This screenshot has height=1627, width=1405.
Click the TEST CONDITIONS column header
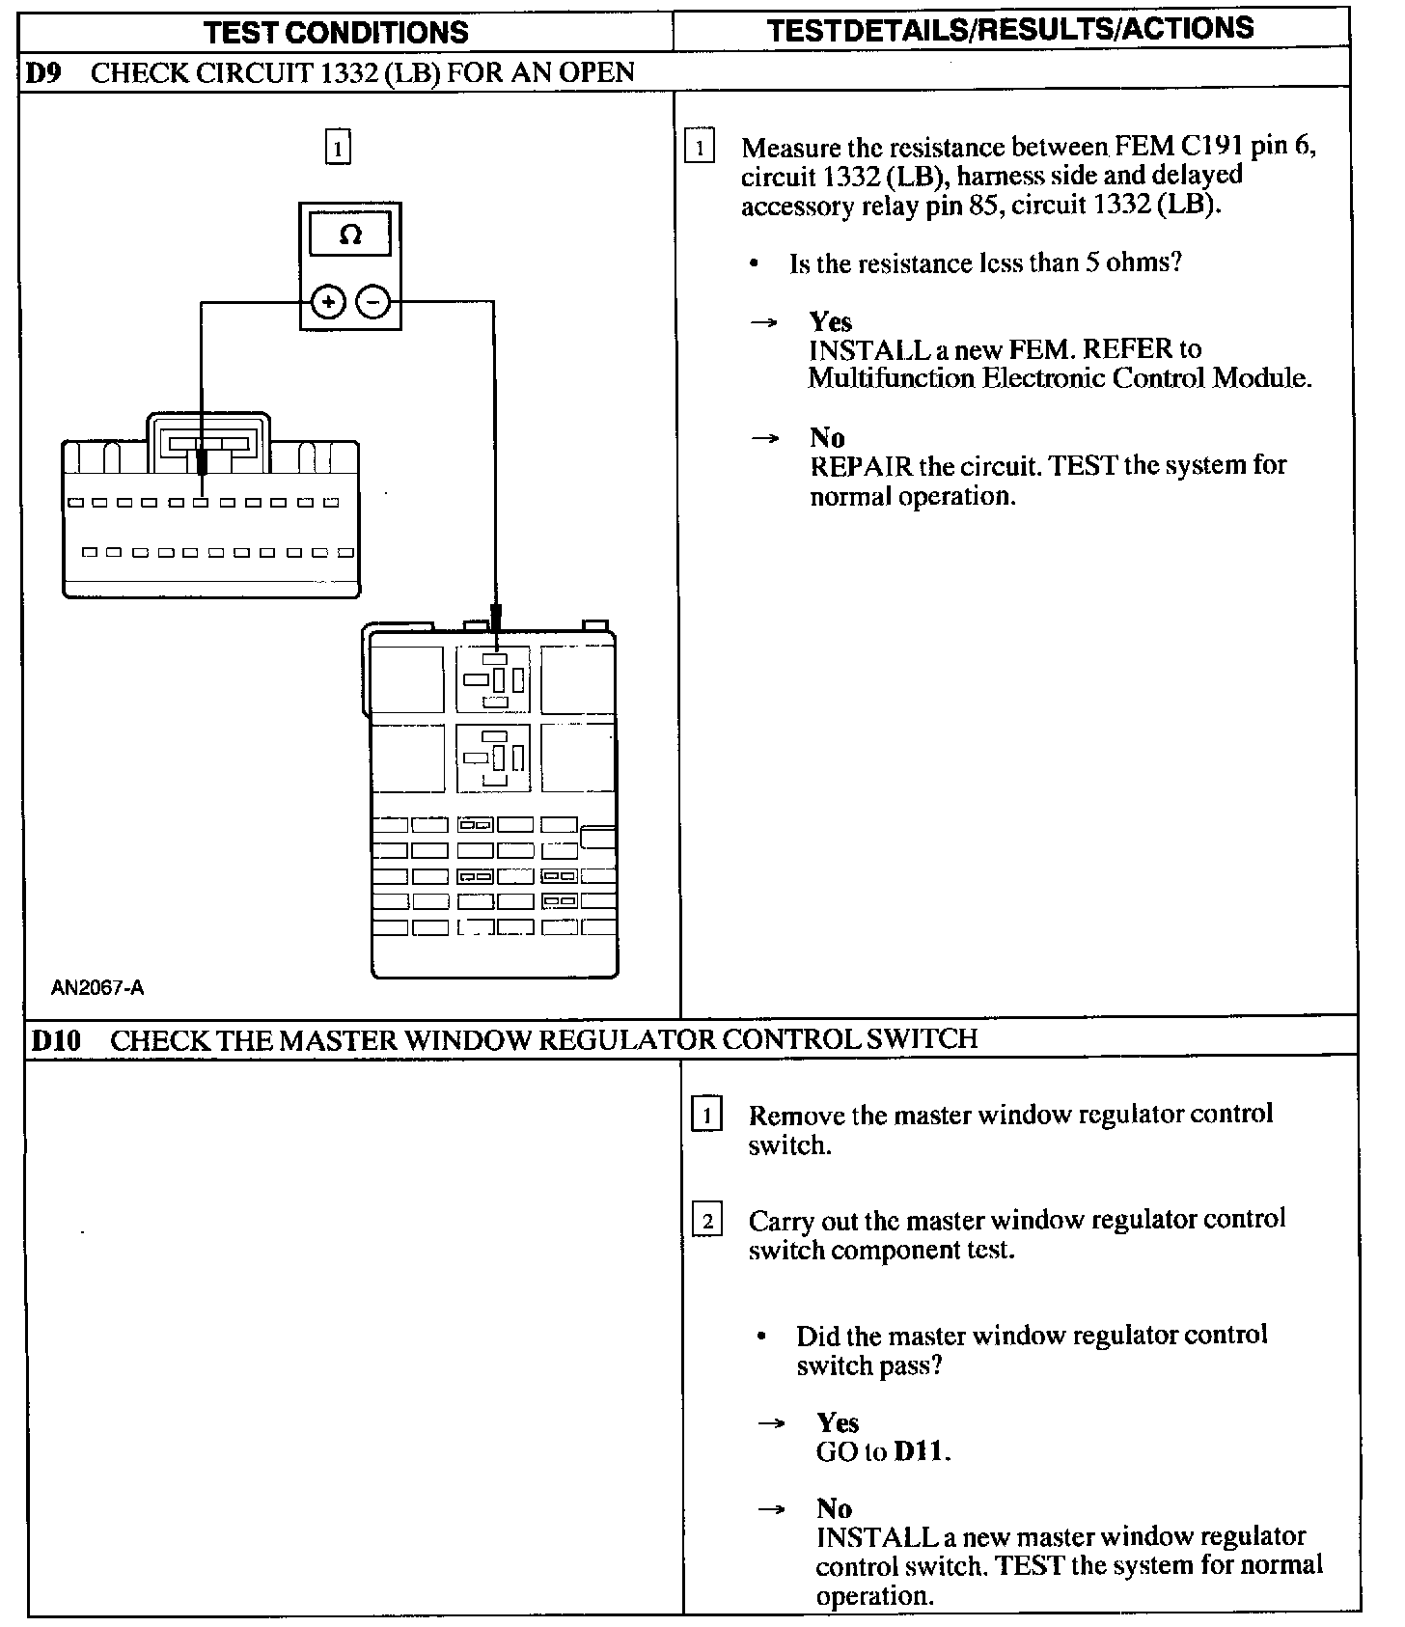(336, 32)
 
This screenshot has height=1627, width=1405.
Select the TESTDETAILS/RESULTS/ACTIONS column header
(1010, 29)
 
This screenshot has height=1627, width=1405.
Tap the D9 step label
(43, 73)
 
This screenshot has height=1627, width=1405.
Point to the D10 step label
(56, 1040)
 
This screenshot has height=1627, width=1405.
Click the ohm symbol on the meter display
(350, 234)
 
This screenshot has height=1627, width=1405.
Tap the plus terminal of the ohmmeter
(328, 303)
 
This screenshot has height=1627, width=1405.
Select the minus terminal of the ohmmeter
(373, 303)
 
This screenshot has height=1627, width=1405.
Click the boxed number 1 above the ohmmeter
(337, 149)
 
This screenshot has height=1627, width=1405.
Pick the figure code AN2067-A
(97, 987)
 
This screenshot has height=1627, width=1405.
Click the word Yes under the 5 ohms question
(830, 321)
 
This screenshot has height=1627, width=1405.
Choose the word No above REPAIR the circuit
(827, 438)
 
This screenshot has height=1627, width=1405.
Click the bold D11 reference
(921, 1451)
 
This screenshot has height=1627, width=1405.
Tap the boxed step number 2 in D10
(707, 1222)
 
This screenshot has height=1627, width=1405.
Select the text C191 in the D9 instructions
(1212, 146)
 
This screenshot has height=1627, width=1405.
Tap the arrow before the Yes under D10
(770, 1423)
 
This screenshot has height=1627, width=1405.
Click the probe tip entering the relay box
(496, 618)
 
